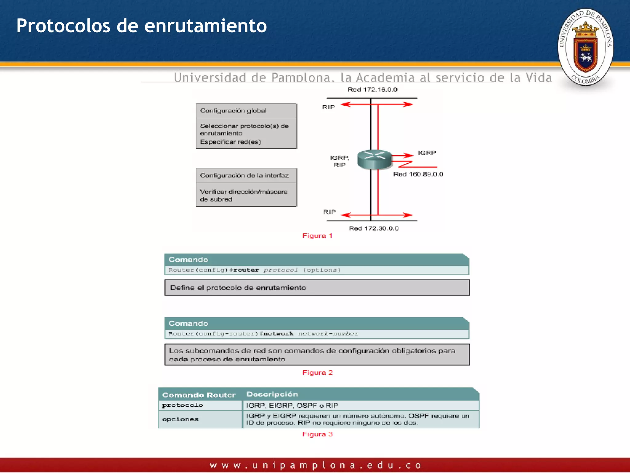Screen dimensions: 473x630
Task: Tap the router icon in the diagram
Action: pyautogui.click(x=374, y=159)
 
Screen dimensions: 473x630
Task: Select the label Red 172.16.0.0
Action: pyautogui.click(x=373, y=90)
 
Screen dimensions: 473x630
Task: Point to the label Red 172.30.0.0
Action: pyautogui.click(x=373, y=228)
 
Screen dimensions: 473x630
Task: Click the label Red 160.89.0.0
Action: pyautogui.click(x=418, y=174)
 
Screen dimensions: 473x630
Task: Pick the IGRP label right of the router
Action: pyautogui.click(x=427, y=153)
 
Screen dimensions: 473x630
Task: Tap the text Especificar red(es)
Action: pyautogui.click(x=230, y=142)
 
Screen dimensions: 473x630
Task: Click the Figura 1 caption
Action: pyautogui.click(x=317, y=236)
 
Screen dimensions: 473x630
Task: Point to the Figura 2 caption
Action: pyautogui.click(x=317, y=373)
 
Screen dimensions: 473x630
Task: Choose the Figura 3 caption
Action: pyautogui.click(x=317, y=434)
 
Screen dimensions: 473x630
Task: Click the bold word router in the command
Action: pyautogui.click(x=246, y=270)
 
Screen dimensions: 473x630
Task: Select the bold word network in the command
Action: pyautogui.click(x=278, y=334)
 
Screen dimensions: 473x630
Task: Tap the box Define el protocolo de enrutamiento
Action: pyautogui.click(x=317, y=288)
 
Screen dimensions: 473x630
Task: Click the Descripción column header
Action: pyautogui.click(x=272, y=394)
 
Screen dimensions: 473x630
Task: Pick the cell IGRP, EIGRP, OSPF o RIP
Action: pyautogui.click(x=292, y=406)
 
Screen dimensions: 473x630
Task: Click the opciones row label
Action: pyautogui.click(x=180, y=419)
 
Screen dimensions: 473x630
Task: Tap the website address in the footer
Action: pyautogui.click(x=315, y=465)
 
